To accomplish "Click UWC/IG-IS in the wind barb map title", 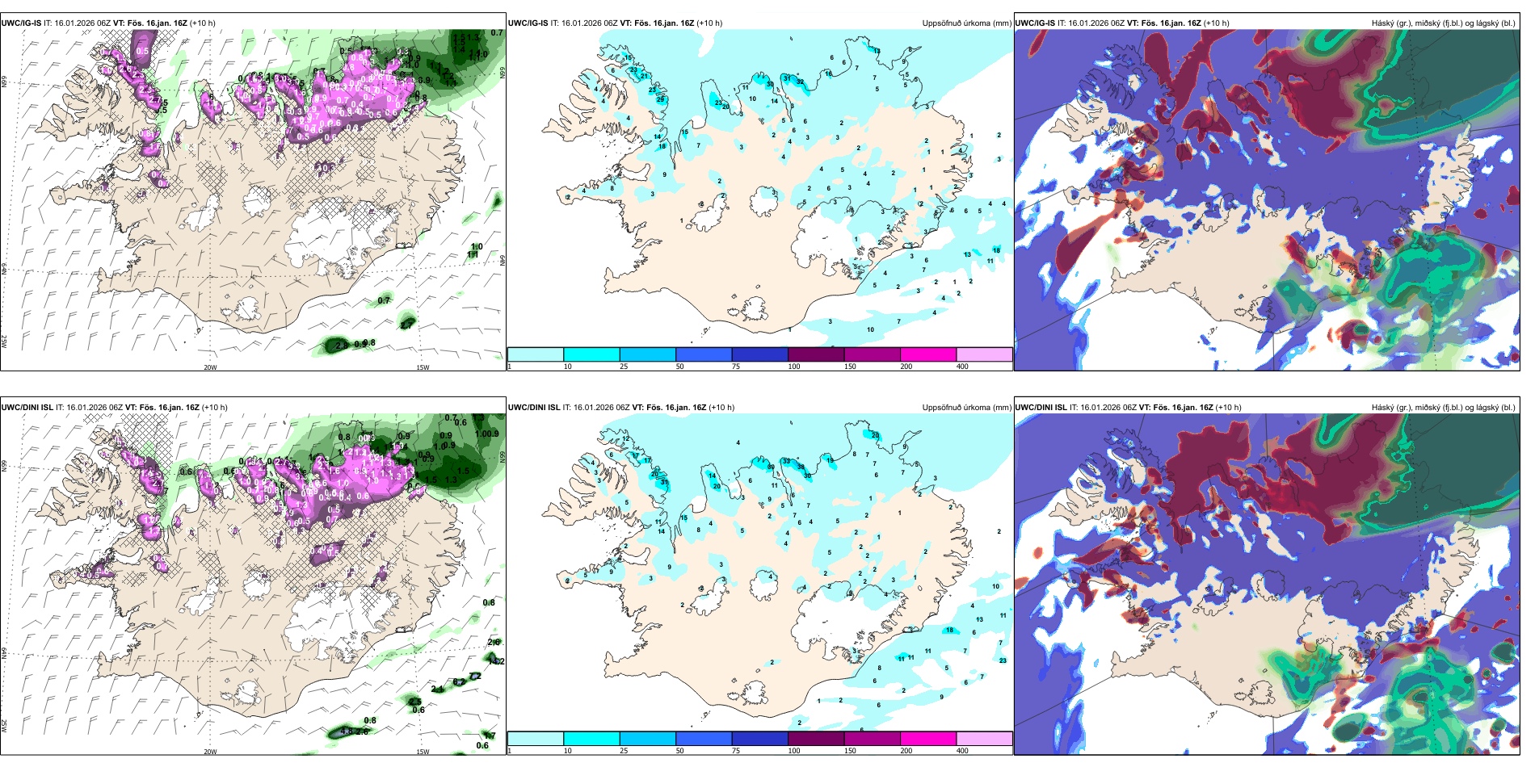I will (21, 23).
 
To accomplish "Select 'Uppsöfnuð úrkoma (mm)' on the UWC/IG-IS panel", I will (966, 23).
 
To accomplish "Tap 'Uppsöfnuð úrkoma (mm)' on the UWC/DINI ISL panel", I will (966, 408).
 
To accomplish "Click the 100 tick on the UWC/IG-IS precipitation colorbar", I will (794, 367).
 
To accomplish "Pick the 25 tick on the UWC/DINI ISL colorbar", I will (624, 751).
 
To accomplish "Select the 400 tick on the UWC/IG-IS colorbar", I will (962, 367).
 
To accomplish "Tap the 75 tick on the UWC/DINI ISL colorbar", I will (736, 751).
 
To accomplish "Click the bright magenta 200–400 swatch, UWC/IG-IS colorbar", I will (927, 354).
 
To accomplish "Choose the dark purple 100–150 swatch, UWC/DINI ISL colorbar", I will (815, 739).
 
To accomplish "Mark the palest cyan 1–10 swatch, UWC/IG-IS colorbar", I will (535, 354).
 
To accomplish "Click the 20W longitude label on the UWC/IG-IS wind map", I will (210, 367).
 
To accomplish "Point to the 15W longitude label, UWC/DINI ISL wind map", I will (422, 752).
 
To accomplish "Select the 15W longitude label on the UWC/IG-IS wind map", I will (422, 367).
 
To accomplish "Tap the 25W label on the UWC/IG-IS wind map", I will (4, 342).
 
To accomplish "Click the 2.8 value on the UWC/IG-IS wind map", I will (342, 345).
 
